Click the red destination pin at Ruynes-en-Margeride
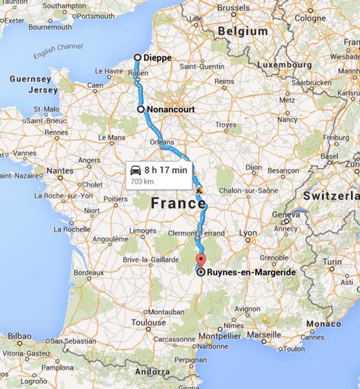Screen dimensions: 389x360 click(x=201, y=262)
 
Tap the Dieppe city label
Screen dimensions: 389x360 click(x=158, y=58)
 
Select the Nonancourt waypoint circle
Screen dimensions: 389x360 click(x=141, y=110)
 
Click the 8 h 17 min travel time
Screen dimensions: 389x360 click(x=165, y=170)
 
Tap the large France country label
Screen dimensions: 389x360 click(x=177, y=203)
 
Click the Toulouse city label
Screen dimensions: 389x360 click(x=149, y=322)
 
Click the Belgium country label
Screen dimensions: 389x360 click(x=243, y=31)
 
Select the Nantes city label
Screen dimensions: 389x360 click(x=60, y=170)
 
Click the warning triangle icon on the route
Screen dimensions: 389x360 click(x=199, y=190)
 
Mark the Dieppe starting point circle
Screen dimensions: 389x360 click(x=137, y=58)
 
